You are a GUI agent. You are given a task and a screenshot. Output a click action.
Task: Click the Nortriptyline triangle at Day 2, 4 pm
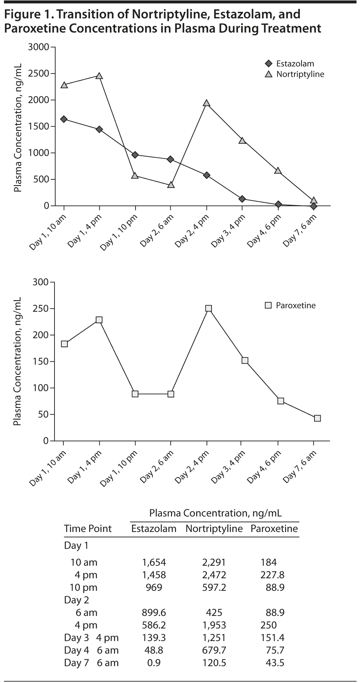point(207,103)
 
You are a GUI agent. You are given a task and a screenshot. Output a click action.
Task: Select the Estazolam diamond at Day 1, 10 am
point(64,119)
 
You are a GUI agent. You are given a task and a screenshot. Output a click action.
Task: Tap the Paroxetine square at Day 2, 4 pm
point(208,308)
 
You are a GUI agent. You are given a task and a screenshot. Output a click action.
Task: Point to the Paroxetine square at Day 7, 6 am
point(317,418)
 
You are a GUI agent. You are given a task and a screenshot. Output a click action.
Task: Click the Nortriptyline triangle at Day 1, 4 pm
point(99,76)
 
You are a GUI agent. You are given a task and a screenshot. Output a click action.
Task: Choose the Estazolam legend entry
point(295,64)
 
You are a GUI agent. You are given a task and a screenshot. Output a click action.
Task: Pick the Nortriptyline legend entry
point(300,74)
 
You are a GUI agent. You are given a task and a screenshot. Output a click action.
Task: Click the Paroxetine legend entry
point(295,306)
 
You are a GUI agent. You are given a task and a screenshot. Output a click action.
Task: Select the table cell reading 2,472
point(214,575)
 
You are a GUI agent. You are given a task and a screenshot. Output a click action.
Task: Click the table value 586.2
point(154,625)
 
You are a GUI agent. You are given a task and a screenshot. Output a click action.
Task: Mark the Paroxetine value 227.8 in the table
point(272,575)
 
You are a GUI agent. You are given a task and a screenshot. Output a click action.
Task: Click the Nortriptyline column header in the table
point(214,529)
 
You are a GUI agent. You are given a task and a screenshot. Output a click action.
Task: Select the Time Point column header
point(88,529)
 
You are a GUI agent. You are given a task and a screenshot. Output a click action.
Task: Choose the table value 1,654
point(154,562)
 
